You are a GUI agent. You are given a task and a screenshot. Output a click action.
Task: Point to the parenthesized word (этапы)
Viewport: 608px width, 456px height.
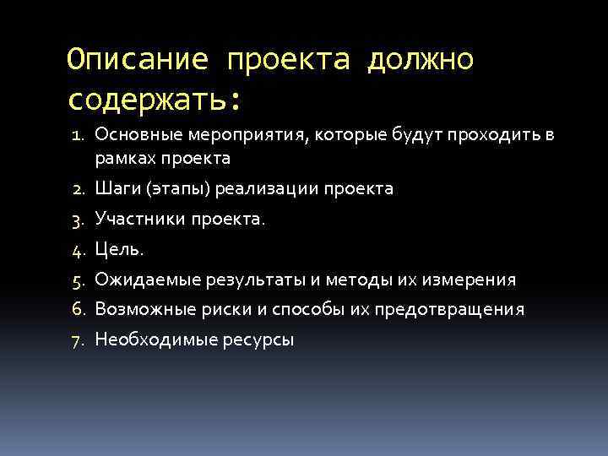pos(178,188)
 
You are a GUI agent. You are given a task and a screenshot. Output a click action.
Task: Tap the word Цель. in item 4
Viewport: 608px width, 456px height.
pos(120,249)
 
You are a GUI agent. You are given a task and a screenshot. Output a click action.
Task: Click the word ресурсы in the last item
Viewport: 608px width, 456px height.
pos(259,340)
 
